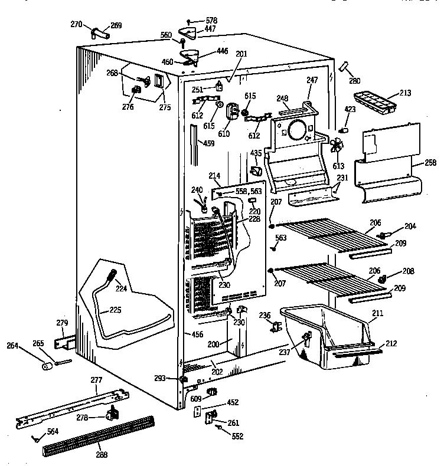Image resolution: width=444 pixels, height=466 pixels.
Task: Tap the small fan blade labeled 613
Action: [x=337, y=146]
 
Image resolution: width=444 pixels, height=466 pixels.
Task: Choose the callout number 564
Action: [x=53, y=432]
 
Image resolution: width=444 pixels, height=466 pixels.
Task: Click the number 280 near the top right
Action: [x=354, y=81]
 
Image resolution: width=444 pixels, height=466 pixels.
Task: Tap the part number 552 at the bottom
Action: [x=237, y=437]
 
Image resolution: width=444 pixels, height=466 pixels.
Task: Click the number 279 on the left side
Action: [x=62, y=323]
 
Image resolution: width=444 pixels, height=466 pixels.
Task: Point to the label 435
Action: [x=256, y=153]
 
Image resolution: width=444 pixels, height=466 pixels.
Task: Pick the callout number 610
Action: [x=224, y=134]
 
